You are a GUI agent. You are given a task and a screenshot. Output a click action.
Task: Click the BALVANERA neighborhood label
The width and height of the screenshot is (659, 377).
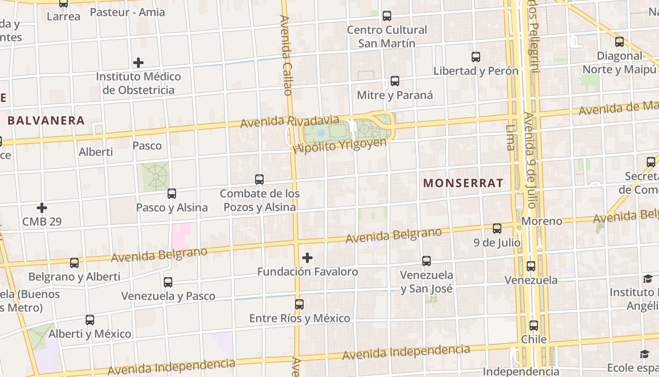coord(46,121)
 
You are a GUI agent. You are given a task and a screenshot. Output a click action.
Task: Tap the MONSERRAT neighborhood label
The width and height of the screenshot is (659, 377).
coord(463,183)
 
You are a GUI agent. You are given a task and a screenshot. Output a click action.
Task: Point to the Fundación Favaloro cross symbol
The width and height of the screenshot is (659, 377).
coord(307,258)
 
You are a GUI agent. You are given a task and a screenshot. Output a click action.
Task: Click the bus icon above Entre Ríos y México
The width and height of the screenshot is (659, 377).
coord(299,304)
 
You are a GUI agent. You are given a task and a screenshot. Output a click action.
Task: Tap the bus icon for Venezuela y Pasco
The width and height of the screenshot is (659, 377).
coord(168,282)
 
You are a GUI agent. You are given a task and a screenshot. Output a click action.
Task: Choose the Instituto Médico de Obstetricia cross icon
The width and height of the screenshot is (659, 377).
coord(138,63)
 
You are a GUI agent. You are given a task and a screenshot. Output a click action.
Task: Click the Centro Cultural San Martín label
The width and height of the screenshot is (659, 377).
coord(387,37)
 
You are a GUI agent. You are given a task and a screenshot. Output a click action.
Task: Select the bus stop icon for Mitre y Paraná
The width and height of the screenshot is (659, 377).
coord(395,81)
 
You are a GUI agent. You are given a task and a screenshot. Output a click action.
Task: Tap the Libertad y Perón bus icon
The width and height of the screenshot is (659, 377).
coord(476,57)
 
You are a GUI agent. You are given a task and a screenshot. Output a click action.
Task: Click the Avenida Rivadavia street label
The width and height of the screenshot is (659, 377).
coord(289,121)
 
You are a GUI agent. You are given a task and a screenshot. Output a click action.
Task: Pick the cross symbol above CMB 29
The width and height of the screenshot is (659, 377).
coord(42,207)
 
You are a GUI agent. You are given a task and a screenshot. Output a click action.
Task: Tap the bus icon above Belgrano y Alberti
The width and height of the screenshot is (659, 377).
coord(74,263)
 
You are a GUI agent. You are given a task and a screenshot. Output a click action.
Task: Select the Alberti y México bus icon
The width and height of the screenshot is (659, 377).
coord(90,320)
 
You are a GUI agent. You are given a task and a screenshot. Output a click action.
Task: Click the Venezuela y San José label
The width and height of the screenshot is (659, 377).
coord(427,281)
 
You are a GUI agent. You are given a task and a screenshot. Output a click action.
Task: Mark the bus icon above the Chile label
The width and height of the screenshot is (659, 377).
coord(534,326)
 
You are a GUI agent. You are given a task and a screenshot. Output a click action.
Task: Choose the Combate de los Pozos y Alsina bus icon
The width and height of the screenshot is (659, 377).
coord(259,180)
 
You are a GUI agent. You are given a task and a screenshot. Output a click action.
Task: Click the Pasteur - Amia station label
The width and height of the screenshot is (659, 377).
coord(127,12)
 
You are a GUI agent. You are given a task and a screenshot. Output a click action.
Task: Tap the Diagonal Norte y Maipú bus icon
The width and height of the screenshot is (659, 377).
coord(619,42)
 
